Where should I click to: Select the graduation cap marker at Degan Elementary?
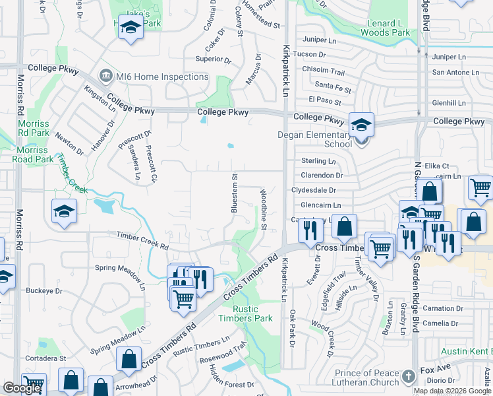click(x=361, y=124)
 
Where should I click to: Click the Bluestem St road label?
click(x=234, y=193)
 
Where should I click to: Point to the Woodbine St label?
click(x=263, y=210)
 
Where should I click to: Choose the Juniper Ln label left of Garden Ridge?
click(x=319, y=40)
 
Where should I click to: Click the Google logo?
click(x=22, y=388)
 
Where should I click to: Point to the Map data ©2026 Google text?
click(x=453, y=391)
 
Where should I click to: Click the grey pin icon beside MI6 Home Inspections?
click(x=105, y=77)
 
